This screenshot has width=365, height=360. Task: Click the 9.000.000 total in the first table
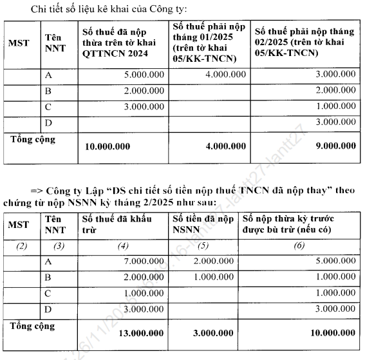[330, 146]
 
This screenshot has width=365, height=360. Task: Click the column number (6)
[299, 245]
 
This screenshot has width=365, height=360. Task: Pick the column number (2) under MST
[22, 245]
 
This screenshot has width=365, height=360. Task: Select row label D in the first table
[48, 122]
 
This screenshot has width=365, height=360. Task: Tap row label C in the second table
[48, 293]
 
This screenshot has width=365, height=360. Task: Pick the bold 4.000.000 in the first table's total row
[223, 146]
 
